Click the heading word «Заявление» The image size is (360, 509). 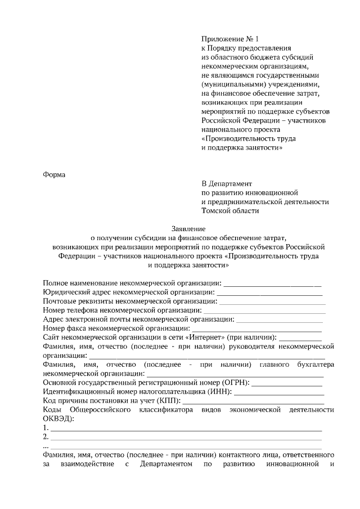[x=188, y=229]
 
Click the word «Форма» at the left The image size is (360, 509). [x=55, y=174]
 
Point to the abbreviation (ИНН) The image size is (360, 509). [x=219, y=391]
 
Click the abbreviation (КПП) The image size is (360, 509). [x=169, y=400]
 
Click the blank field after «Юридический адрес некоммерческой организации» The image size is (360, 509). [x=269, y=293]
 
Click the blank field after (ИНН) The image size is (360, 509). [x=278, y=392]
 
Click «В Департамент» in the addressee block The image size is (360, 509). [x=227, y=183]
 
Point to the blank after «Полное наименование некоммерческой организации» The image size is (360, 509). [x=273, y=284]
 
